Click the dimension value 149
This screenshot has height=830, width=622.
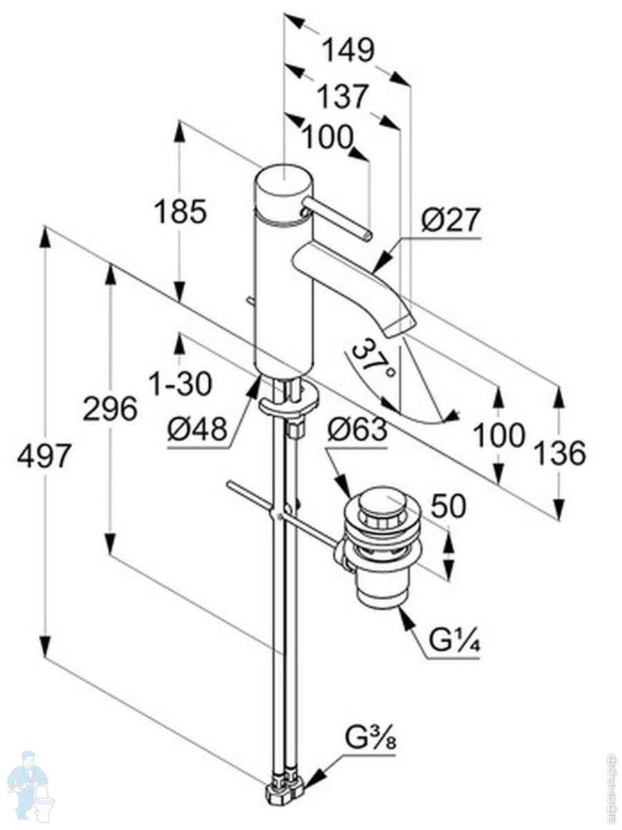tap(348, 50)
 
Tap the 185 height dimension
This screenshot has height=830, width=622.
tap(180, 212)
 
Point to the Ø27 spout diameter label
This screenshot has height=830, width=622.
tap(450, 220)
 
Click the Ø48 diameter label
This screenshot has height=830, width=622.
tap(197, 430)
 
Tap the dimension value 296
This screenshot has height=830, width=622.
tap(110, 409)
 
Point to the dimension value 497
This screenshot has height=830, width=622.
tap(45, 456)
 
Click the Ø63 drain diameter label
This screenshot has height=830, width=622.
tap(357, 431)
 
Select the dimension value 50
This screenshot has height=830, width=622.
tap(449, 506)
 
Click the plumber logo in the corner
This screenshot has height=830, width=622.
tap(30, 788)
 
